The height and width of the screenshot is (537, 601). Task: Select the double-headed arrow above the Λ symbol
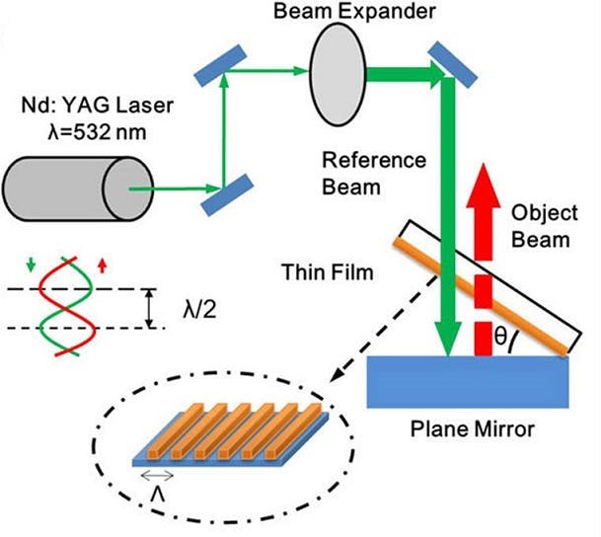(x=156, y=476)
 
